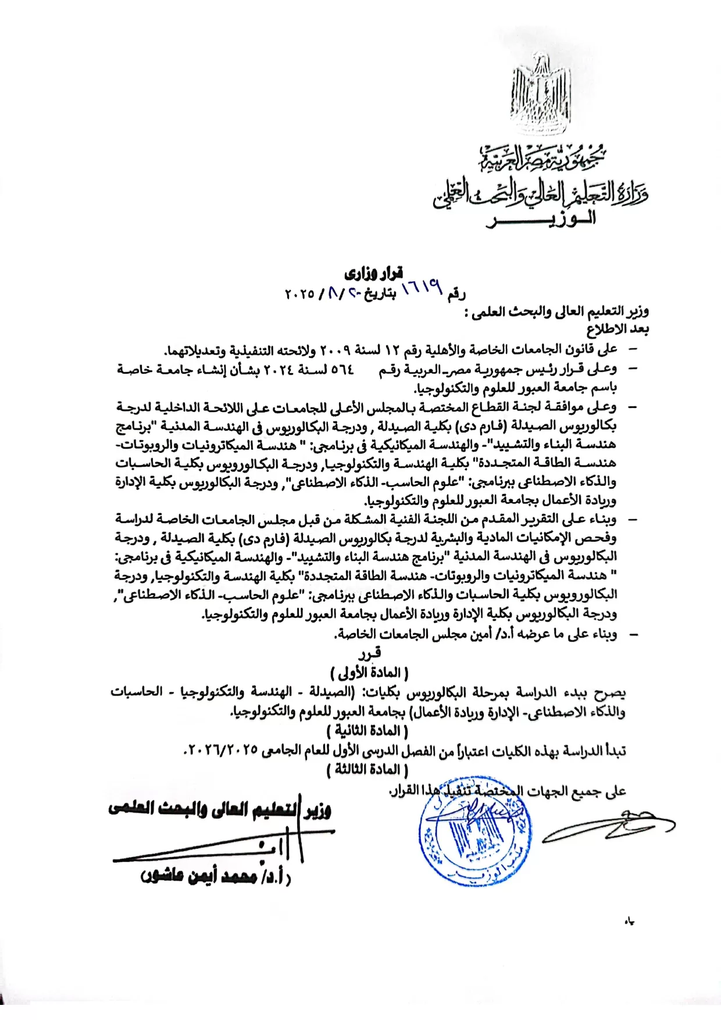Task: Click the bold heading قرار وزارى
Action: [x=374, y=272]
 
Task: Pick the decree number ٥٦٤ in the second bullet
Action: [x=342, y=370]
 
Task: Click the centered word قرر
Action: [x=370, y=654]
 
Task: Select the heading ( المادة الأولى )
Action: [x=370, y=672]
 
